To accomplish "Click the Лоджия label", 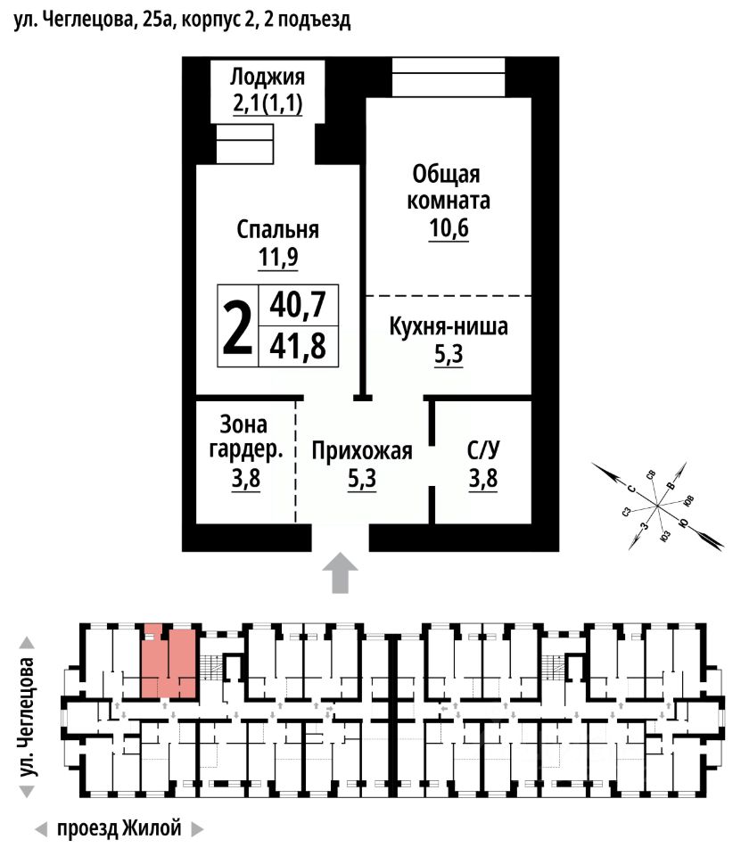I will click(x=268, y=76).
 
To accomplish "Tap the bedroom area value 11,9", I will click(x=278, y=259).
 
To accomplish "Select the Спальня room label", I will click(x=278, y=230).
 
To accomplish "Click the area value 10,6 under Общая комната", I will click(x=449, y=229).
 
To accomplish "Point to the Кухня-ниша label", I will click(x=449, y=327).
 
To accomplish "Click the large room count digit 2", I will click(x=236, y=326).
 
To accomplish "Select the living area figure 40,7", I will click(x=298, y=307).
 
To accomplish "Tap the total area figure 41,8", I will click(x=298, y=345).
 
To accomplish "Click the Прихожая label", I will click(x=362, y=451).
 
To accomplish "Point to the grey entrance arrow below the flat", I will click(x=339, y=572).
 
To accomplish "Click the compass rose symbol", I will click(x=657, y=506).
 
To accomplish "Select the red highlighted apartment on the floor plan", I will click(x=169, y=663).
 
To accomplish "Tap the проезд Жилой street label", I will click(x=119, y=828).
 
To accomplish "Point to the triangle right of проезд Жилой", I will click(x=197, y=829).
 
